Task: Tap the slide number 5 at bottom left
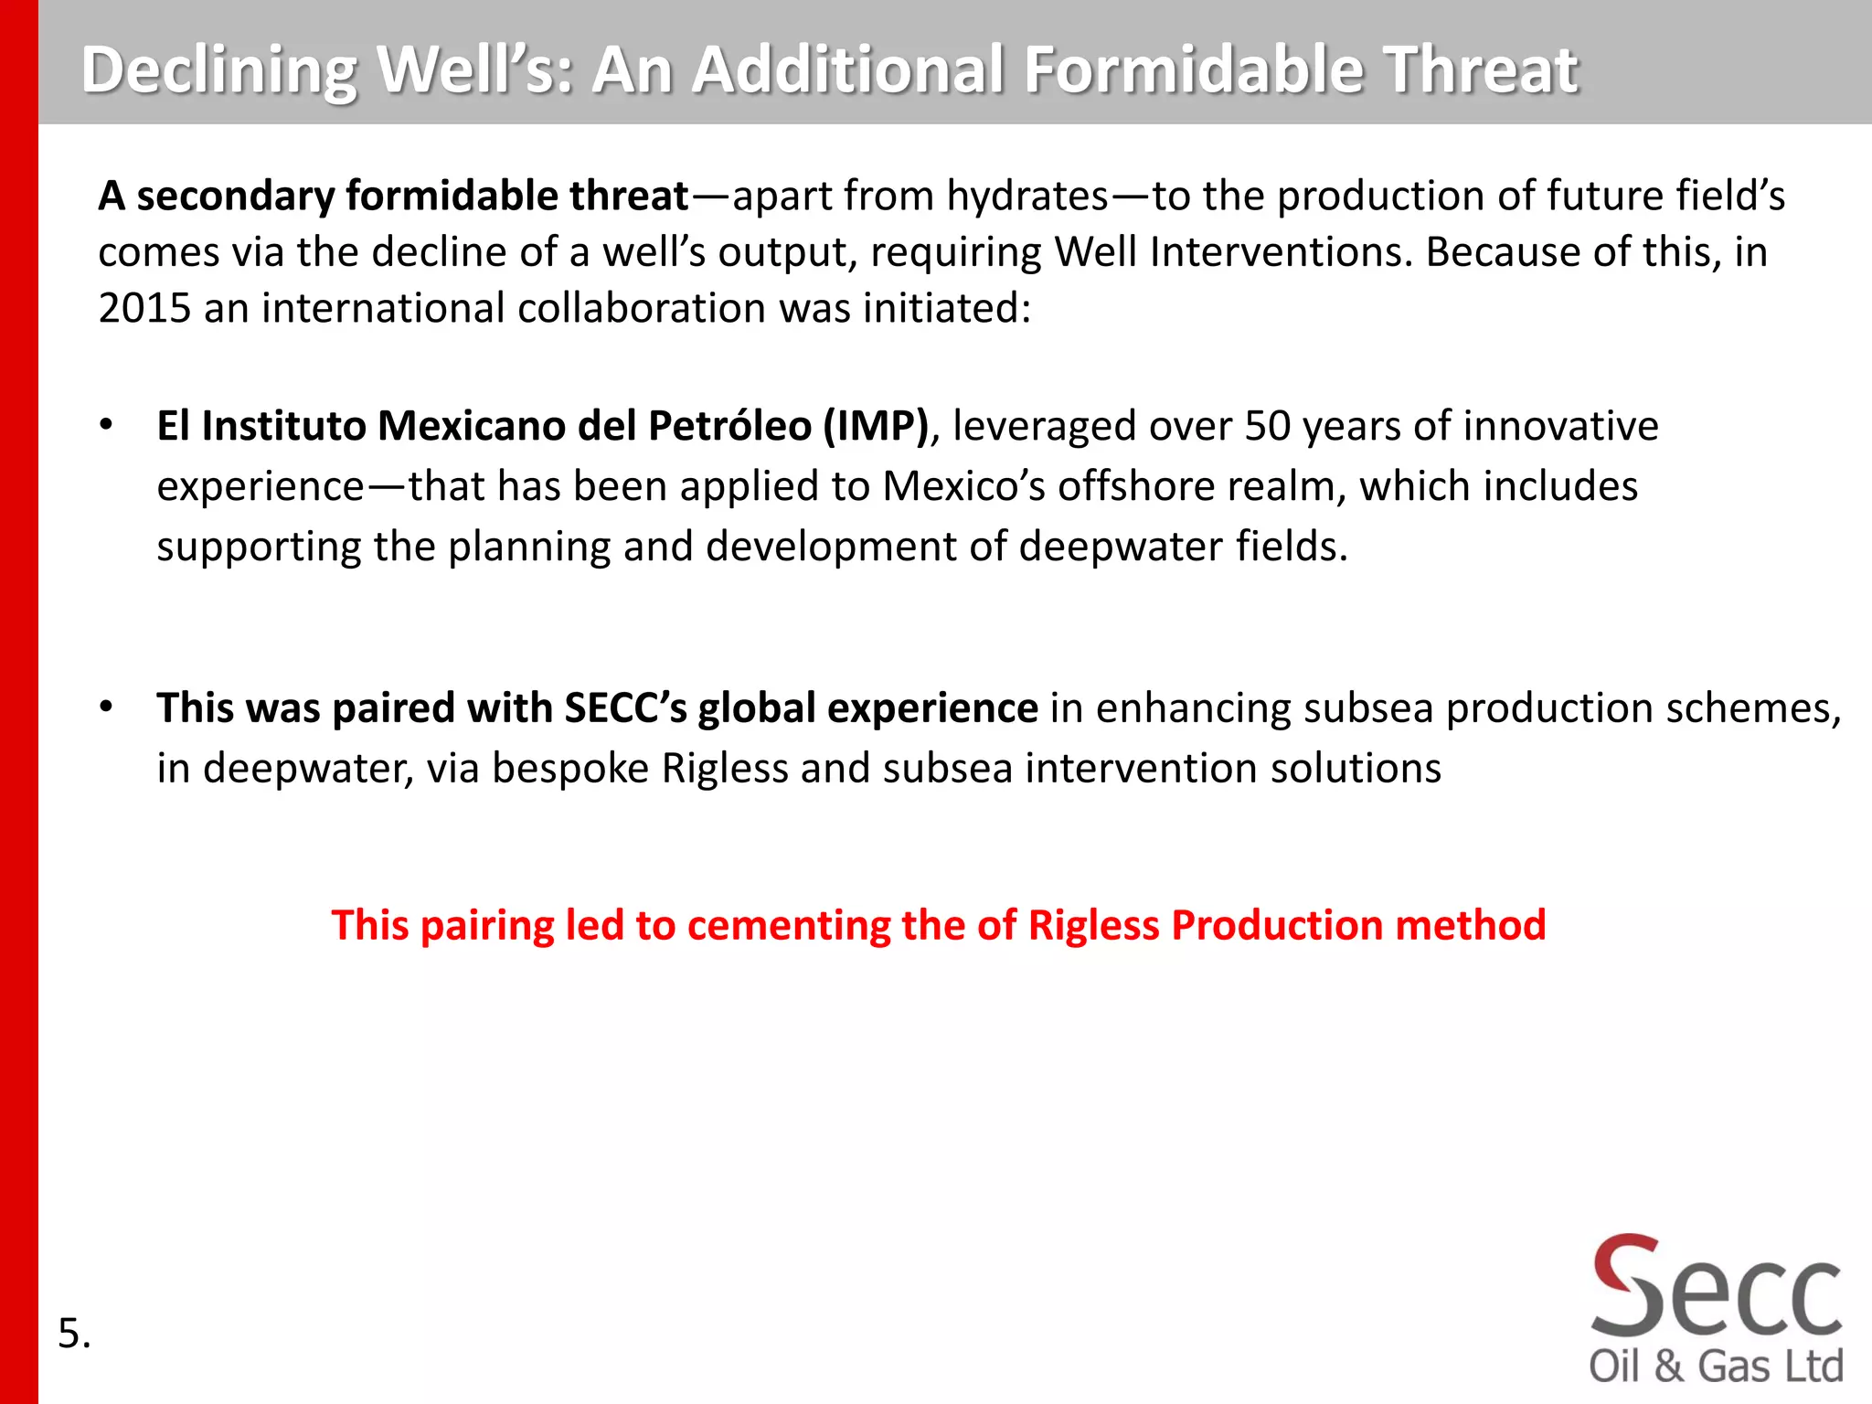pyautogui.click(x=69, y=1334)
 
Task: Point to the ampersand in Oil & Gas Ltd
pyautogui.click(x=1669, y=1367)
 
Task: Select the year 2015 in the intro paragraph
pyautogui.click(x=144, y=308)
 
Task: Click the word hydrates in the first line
pyautogui.click(x=1027, y=196)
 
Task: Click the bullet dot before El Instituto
pyautogui.click(x=107, y=425)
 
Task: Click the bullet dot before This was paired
pyautogui.click(x=107, y=707)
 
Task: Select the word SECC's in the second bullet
pyautogui.click(x=626, y=708)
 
